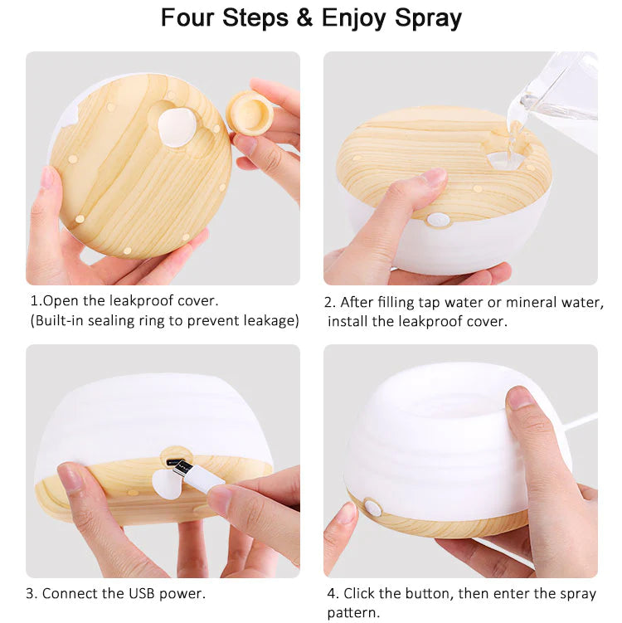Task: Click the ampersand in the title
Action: [304, 18]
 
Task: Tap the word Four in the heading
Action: [187, 18]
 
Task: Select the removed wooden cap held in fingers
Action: [250, 112]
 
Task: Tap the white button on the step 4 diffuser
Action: [372, 508]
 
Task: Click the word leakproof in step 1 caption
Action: [141, 301]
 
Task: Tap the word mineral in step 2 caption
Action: [531, 302]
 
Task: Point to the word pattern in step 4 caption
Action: [353, 613]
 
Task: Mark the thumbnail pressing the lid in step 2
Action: [434, 178]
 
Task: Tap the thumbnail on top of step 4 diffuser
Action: [520, 397]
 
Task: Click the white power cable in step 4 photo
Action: [581, 421]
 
